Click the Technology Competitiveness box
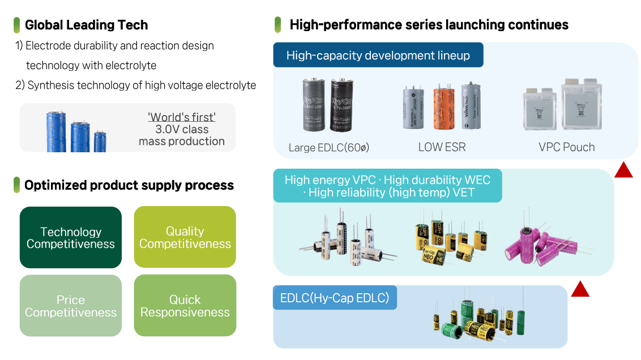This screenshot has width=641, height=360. click(71, 238)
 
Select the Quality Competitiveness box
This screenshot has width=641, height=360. click(185, 237)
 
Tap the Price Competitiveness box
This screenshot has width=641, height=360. click(71, 306)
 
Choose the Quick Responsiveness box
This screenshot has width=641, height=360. click(185, 306)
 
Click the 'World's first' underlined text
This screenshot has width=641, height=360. click(182, 117)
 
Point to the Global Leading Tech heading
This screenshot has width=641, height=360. click(87, 25)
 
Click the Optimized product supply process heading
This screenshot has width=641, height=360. click(129, 185)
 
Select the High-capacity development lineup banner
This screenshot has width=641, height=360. click(378, 55)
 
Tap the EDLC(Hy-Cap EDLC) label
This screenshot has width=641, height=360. click(335, 298)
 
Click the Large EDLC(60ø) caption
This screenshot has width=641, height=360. click(328, 148)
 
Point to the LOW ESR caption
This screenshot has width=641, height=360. click(442, 147)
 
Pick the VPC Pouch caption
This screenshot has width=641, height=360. click(566, 147)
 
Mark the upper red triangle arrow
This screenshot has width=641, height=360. click(623, 170)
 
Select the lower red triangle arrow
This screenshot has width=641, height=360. click(580, 289)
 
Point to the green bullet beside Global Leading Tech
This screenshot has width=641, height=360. click(17, 25)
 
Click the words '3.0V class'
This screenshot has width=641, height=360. click(182, 129)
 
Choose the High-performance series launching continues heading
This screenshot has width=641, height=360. click(429, 25)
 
